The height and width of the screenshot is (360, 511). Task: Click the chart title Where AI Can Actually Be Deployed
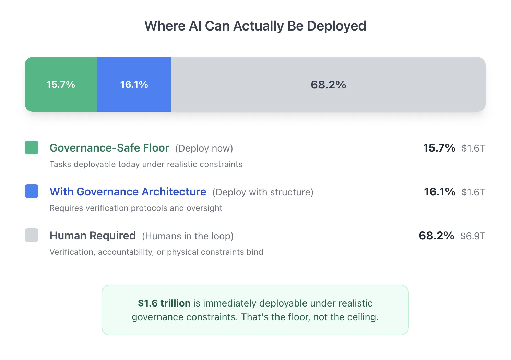(x=255, y=26)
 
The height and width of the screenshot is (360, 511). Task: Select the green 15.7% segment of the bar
(x=61, y=84)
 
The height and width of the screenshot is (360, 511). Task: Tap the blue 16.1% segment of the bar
(x=134, y=84)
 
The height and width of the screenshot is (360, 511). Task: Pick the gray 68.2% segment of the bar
(x=328, y=84)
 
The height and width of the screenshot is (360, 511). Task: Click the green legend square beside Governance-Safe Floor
(x=32, y=147)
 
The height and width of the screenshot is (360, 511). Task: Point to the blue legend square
(x=32, y=191)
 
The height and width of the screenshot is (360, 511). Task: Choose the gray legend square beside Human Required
(x=32, y=235)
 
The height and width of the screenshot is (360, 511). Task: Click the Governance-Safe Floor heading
(x=109, y=148)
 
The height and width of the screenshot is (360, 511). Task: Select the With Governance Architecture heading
(x=128, y=192)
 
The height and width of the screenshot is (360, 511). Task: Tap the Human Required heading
(x=93, y=236)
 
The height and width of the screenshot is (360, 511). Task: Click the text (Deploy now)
(x=204, y=148)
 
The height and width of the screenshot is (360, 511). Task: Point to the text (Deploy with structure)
(x=263, y=192)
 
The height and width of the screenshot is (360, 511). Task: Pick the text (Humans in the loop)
(x=188, y=236)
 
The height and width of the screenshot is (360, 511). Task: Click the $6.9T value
(x=473, y=236)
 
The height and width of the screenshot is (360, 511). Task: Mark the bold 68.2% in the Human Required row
(x=436, y=236)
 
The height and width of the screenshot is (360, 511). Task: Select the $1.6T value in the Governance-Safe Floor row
(x=473, y=148)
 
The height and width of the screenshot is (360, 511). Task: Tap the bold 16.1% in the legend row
(x=439, y=192)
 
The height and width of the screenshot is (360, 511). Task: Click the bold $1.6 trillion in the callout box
(x=164, y=303)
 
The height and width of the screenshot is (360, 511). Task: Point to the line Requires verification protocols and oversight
(x=136, y=208)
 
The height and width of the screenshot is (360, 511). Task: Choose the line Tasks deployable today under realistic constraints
(x=146, y=164)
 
